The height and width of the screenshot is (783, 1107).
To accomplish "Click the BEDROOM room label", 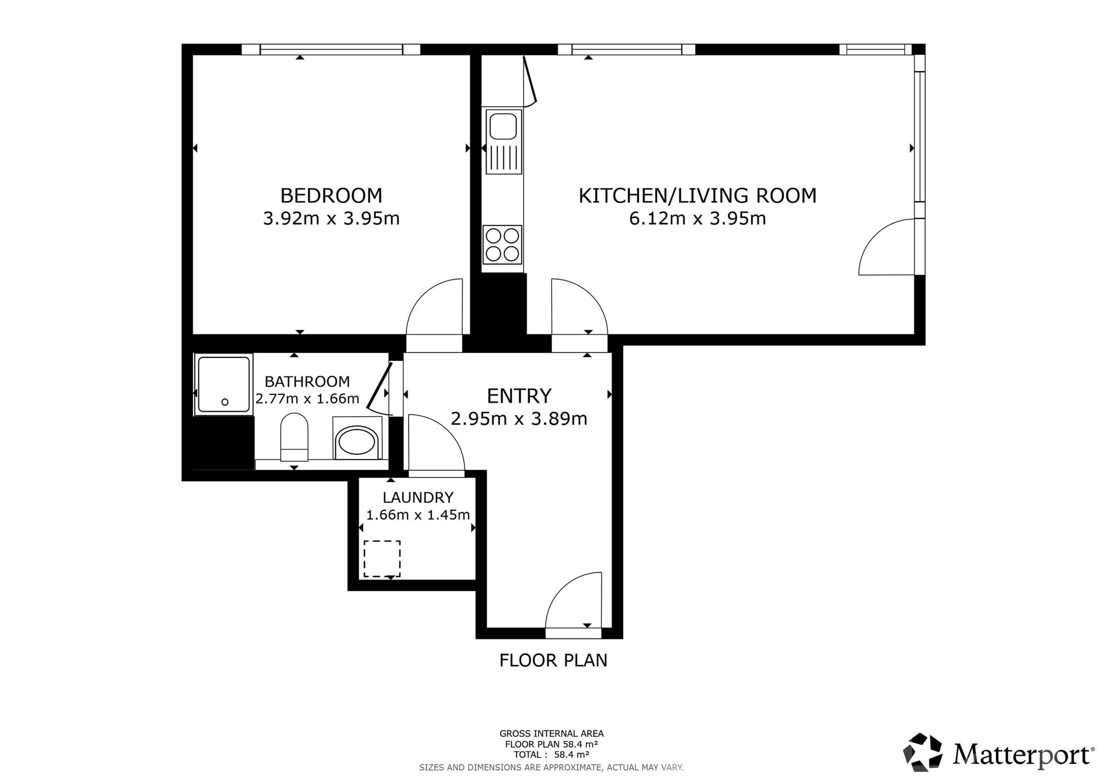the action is [331, 195].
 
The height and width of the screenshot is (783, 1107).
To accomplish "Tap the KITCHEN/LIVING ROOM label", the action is [698, 195].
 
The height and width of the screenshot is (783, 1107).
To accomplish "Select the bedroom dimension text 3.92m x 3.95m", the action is [331, 219].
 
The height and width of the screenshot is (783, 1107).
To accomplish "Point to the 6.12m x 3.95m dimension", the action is [698, 219].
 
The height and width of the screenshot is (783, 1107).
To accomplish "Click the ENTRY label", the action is [519, 396].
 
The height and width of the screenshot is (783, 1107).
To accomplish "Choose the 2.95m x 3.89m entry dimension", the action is [519, 419].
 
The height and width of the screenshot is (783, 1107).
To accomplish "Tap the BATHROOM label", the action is [307, 381].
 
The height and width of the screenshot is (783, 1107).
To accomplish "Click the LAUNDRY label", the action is [418, 497].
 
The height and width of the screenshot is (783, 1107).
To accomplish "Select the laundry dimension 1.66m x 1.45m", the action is [418, 514].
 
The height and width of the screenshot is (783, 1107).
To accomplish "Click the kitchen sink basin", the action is [503, 126].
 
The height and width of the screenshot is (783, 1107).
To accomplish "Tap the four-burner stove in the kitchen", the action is [502, 244].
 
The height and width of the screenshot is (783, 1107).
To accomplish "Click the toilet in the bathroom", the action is [294, 436].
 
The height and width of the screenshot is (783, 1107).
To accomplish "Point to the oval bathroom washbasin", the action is [357, 442].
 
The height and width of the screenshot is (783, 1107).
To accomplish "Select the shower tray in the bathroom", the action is [223, 384].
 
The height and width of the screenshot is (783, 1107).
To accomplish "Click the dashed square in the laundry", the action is [382, 559].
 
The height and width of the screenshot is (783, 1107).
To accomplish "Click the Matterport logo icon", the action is [922, 752].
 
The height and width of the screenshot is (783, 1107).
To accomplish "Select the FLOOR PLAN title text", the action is [553, 660].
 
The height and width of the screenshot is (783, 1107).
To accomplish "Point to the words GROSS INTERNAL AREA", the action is [552, 733].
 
